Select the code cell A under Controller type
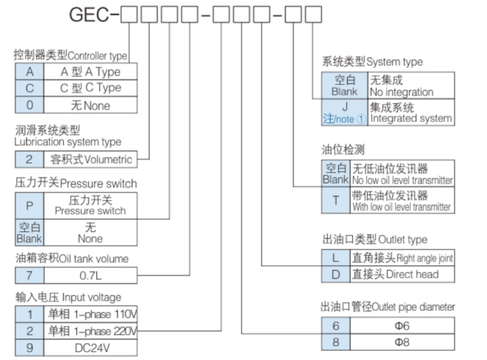(29, 71)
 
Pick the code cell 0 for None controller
(29, 105)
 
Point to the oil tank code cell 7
(29, 274)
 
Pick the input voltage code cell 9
(29, 348)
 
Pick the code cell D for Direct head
(334, 274)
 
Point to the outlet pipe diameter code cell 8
(334, 341)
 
